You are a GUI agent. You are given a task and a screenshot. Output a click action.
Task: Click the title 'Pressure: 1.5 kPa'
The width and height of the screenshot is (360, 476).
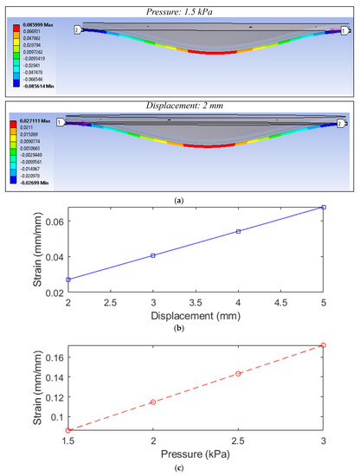click(179, 7)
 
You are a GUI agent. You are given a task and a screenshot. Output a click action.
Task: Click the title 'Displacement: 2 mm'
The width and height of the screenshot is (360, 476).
click(179, 106)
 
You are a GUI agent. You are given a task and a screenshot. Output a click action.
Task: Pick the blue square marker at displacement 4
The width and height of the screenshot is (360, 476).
click(238, 231)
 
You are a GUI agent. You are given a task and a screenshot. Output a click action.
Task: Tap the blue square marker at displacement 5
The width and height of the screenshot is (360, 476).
click(323, 207)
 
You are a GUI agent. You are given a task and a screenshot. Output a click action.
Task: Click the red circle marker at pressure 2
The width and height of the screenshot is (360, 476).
click(153, 402)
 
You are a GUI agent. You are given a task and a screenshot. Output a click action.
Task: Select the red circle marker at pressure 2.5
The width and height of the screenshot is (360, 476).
click(238, 374)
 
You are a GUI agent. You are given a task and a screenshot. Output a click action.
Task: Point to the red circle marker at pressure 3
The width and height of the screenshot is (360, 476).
click(323, 345)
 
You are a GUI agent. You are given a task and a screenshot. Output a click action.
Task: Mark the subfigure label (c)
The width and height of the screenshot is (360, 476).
click(179, 468)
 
